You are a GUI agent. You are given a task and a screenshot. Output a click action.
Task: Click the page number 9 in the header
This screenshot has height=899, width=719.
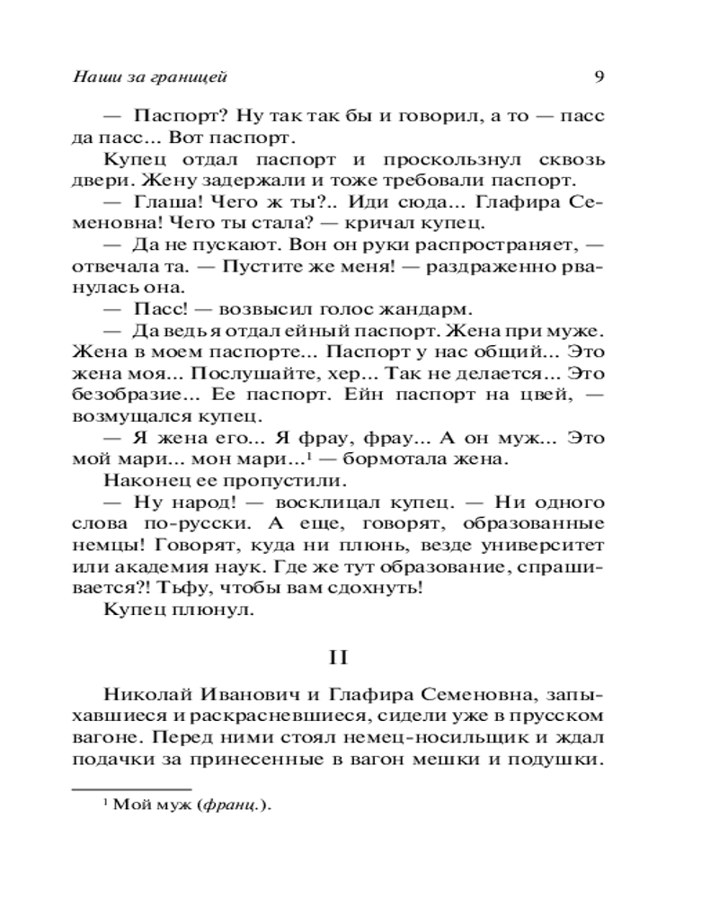(599, 76)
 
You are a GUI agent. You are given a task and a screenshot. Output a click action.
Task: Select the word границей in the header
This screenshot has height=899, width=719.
(181, 76)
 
